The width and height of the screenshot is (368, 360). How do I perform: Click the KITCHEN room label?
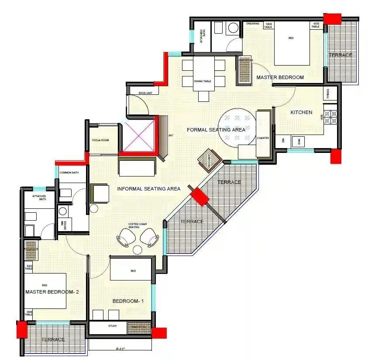(x=302, y=112)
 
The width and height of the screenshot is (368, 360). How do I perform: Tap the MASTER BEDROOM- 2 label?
(x=52, y=292)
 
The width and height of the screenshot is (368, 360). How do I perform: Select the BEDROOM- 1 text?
(x=128, y=301)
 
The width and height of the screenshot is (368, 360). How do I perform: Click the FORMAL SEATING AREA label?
(x=216, y=130)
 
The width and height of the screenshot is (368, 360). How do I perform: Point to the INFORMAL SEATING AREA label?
(x=149, y=189)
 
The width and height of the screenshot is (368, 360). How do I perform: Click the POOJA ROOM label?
(x=100, y=140)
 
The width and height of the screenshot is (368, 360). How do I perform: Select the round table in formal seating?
(x=237, y=125)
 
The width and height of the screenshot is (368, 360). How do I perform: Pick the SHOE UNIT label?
(x=145, y=93)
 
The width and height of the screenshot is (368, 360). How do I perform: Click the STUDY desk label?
(x=113, y=326)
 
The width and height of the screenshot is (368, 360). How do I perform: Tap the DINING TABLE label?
(x=203, y=81)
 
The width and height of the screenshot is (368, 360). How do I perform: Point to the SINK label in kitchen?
(x=299, y=141)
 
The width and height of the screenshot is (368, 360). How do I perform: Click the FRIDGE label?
(x=328, y=93)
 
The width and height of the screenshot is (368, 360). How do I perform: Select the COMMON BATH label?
(x=68, y=173)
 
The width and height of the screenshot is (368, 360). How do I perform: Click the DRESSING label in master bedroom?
(x=253, y=24)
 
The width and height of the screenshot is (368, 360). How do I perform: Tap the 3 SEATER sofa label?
(x=263, y=138)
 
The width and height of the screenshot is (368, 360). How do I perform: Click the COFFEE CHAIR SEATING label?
(x=134, y=225)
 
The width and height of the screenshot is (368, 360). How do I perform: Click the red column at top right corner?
(x=334, y=19)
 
